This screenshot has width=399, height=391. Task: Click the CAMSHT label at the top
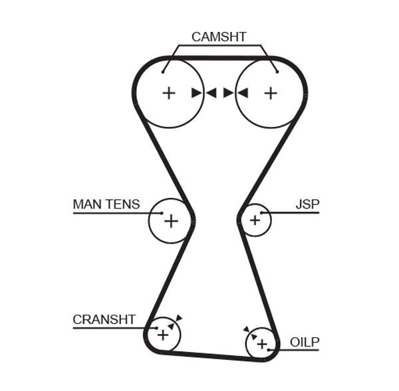[218, 37]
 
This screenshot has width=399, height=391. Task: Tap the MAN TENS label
[106, 204]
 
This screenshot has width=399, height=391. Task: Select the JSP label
[307, 204]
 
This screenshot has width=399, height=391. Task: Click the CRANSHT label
[104, 319]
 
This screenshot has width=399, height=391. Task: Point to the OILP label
[305, 343]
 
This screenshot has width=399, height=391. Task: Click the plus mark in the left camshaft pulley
[169, 93]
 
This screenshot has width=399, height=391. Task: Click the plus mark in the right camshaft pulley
[270, 93]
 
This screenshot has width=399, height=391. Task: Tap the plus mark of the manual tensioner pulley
[171, 220]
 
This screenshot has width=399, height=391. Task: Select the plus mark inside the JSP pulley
[255, 220]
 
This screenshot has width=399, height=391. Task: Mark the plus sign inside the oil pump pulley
[262, 343]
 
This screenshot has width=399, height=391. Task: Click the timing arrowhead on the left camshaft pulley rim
[196, 93]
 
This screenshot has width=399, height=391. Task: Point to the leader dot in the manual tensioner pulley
[161, 212]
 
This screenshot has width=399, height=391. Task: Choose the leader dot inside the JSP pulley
[263, 212]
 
